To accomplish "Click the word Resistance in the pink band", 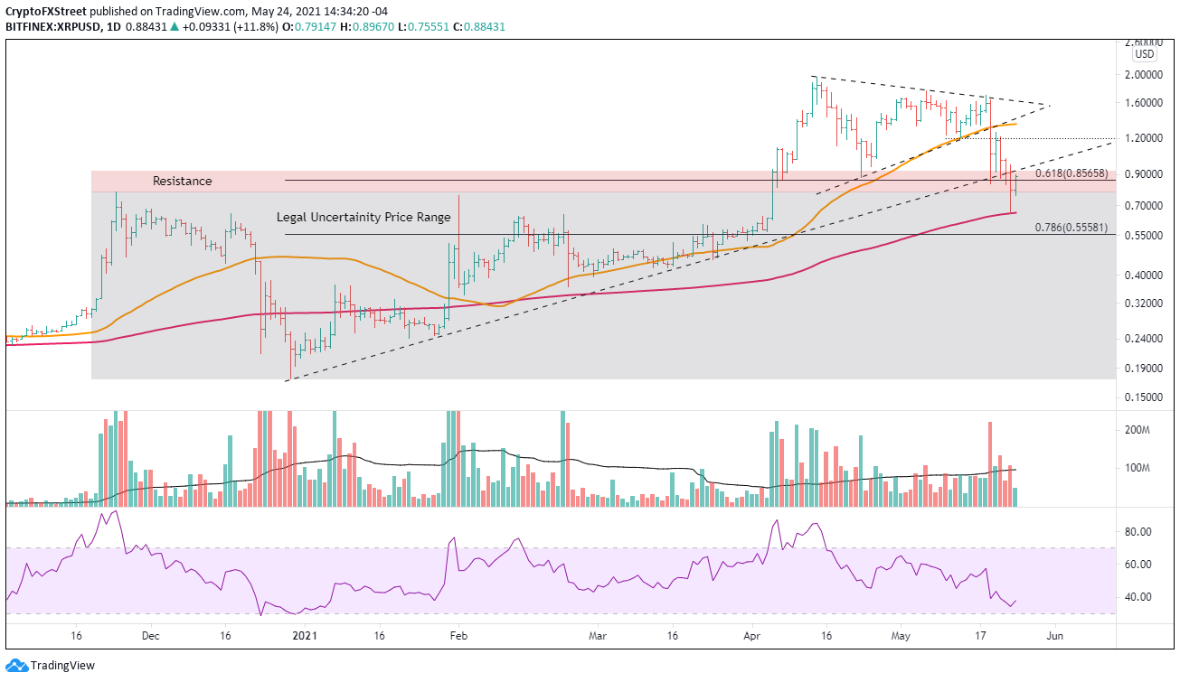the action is click(x=183, y=181).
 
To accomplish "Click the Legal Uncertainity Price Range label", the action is click(x=363, y=218).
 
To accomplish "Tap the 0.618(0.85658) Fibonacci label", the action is click(x=1071, y=173).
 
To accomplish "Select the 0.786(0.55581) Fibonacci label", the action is click(x=1071, y=228).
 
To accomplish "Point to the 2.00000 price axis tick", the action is click(x=1144, y=75).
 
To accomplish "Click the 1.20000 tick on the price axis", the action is click(x=1144, y=138).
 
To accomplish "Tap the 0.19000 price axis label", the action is click(x=1144, y=369).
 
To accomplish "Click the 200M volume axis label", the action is click(x=1137, y=430).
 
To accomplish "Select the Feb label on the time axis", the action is click(x=458, y=636).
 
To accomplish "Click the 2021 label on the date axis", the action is click(x=305, y=636).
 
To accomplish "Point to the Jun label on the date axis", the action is click(x=1054, y=636).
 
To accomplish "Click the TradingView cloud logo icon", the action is click(x=16, y=666).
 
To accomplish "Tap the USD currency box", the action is click(x=1144, y=54).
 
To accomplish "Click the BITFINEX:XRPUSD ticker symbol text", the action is click(x=53, y=27).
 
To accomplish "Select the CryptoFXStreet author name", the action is click(x=46, y=11).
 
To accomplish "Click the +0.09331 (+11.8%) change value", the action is click(x=231, y=27).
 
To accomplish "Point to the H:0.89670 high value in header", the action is click(x=366, y=27).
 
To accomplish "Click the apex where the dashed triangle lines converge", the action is click(x=1050, y=107).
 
